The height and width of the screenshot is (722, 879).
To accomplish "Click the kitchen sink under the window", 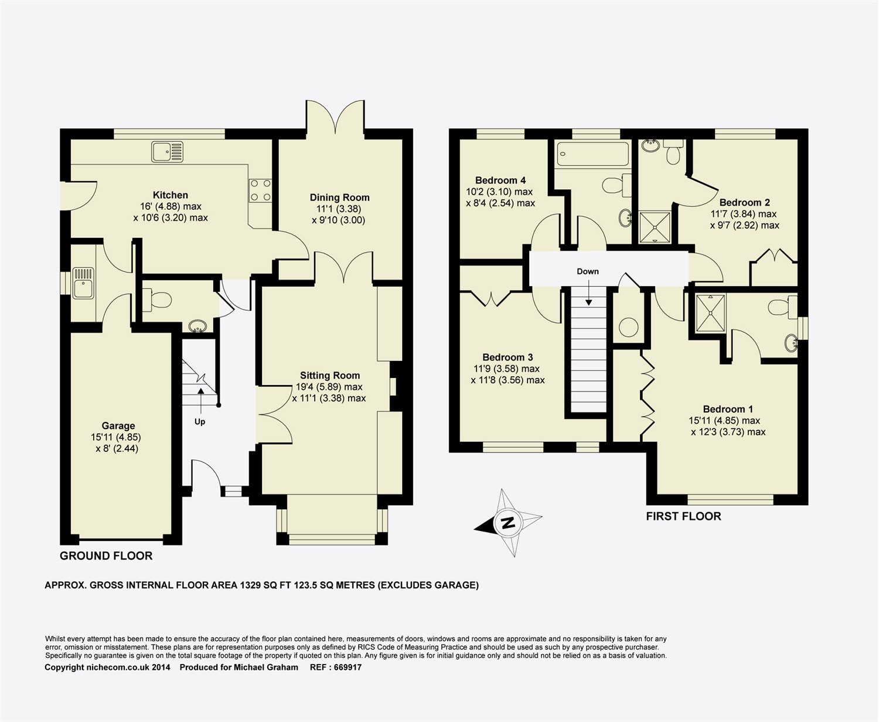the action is (x=167, y=152).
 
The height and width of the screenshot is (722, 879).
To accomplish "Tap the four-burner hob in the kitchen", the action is (x=261, y=190).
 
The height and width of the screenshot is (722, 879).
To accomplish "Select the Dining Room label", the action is (x=339, y=197).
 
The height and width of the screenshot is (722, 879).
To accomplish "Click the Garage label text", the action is (x=118, y=425).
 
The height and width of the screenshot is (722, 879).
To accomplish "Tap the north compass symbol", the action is (x=509, y=522).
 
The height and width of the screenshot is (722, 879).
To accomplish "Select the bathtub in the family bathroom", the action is (x=592, y=154).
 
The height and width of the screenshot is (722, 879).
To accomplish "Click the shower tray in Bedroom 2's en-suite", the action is (x=655, y=227).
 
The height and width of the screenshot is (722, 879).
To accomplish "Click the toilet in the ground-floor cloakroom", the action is (x=157, y=299).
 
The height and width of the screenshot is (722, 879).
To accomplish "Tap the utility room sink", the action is (x=83, y=284).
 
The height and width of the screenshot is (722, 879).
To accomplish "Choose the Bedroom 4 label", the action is (x=500, y=180).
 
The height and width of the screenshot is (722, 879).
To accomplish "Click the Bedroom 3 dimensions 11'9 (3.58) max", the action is (x=506, y=369).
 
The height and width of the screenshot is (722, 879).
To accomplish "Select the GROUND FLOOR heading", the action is (x=106, y=556).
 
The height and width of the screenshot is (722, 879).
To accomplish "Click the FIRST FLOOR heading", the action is (x=683, y=516).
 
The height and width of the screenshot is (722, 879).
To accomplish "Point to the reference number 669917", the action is (x=347, y=667).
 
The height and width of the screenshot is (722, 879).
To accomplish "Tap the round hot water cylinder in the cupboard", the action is (x=629, y=328).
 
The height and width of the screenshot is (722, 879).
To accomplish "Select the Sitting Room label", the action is (x=330, y=376).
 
